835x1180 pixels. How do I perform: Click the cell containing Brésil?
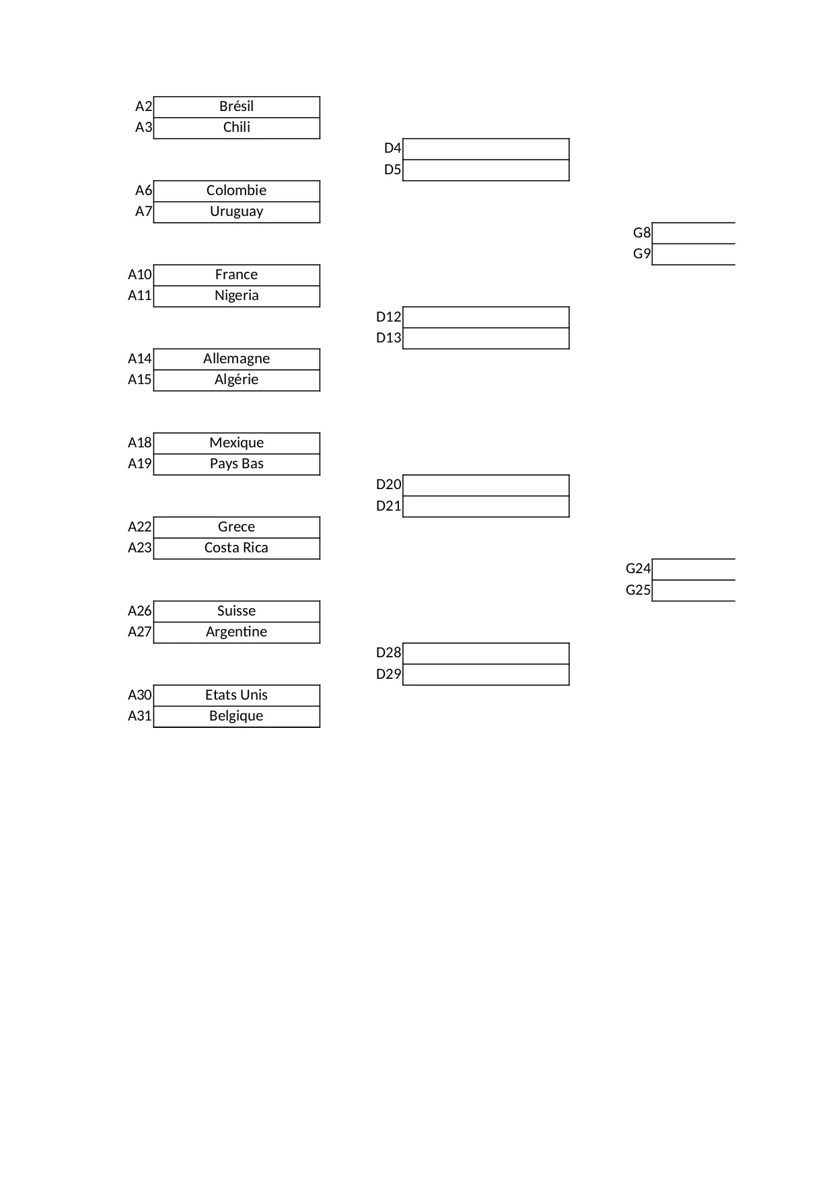(236, 107)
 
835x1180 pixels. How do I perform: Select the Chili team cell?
(236, 128)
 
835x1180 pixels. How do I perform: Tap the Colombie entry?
(236, 191)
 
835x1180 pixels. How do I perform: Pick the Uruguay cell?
(236, 212)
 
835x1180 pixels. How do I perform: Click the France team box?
(236, 275)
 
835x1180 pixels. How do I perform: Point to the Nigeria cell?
(236, 296)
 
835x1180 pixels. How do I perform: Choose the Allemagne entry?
(236, 359)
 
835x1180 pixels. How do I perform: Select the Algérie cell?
(236, 380)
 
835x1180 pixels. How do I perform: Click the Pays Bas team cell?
(236, 464)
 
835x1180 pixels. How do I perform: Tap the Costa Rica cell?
(236, 548)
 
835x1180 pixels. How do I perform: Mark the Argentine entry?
(236, 632)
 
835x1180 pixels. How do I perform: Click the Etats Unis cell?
(236, 696)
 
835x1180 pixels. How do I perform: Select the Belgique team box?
(236, 716)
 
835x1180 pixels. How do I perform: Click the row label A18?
(140, 443)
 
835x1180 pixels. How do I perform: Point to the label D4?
(392, 149)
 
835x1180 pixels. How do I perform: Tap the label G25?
(638, 590)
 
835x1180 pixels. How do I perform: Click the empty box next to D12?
(486, 318)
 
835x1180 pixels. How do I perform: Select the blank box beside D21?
(486, 507)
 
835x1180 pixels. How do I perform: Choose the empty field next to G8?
(693, 233)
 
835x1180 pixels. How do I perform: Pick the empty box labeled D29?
(486, 675)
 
